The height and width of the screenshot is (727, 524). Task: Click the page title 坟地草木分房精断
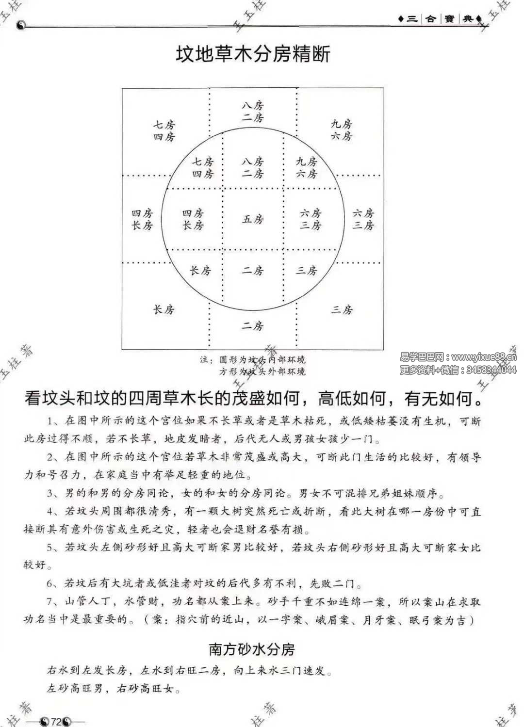tap(253, 54)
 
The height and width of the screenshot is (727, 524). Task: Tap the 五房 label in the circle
tap(253, 219)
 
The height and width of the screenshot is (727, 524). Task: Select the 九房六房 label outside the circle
tap(342, 130)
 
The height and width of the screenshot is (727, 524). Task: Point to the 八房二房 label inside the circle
tap(253, 167)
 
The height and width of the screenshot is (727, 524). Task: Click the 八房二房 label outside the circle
tap(253, 111)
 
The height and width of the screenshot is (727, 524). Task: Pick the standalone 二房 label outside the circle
tap(253, 326)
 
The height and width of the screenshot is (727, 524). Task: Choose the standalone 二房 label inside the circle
tap(253, 271)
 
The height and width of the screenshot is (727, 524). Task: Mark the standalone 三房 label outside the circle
tap(342, 309)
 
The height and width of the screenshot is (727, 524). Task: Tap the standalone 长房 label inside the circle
tap(200, 271)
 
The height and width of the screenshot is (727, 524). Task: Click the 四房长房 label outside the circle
tap(142, 219)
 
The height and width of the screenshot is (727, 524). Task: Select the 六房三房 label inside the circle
tap(311, 219)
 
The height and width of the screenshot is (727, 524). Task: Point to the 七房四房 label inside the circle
tap(202, 167)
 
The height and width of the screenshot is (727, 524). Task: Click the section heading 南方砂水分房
tap(252, 649)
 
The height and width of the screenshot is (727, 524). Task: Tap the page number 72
tap(56, 722)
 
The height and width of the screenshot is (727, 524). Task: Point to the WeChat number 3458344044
tap(491, 370)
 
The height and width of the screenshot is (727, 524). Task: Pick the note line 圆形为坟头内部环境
tap(262, 360)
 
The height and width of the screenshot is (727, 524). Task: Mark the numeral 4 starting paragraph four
tap(50, 512)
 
